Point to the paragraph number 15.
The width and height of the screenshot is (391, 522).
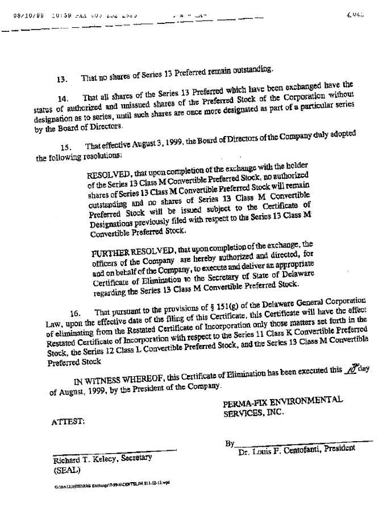66,147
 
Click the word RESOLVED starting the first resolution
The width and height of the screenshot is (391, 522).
109,175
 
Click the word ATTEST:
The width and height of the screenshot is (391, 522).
68,422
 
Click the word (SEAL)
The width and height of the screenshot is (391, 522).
67,471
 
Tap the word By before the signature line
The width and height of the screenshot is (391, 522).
230,443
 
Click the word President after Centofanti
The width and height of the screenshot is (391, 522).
337,448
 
